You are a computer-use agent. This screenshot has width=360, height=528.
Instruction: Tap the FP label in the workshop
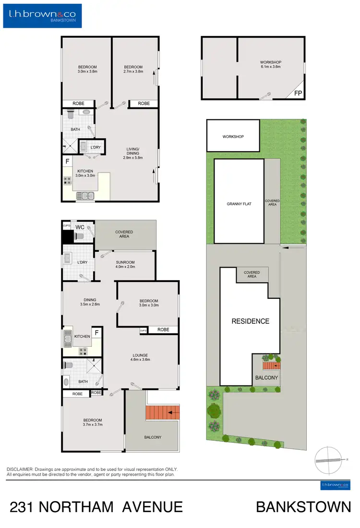[298, 94]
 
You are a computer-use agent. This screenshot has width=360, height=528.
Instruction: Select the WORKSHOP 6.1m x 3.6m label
[270, 65]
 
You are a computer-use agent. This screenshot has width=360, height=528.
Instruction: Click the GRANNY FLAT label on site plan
[239, 204]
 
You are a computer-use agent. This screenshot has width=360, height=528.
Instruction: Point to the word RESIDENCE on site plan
[251, 321]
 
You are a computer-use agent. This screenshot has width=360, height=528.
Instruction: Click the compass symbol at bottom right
[329, 459]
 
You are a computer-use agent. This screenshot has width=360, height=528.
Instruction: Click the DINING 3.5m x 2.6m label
[90, 303]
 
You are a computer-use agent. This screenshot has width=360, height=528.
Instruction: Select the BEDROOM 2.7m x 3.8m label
[133, 70]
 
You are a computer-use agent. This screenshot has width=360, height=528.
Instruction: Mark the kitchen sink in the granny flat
[87, 195]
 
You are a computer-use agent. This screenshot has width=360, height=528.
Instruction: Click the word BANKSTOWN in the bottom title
[303, 507]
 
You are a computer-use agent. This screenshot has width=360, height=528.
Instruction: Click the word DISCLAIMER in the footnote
[19, 469]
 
